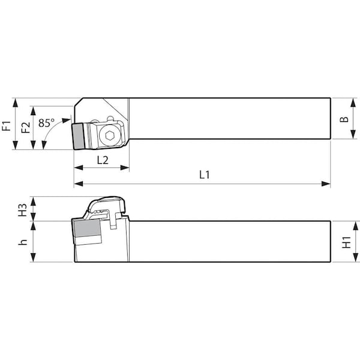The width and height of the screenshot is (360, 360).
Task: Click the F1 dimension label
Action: click(x=7, y=125)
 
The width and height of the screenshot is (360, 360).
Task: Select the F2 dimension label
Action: click(x=25, y=128)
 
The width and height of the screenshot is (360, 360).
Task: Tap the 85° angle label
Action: click(x=46, y=122)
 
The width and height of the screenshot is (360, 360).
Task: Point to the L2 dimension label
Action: click(x=102, y=160)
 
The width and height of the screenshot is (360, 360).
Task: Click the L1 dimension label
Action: click(x=204, y=175)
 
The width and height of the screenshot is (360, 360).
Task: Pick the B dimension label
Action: click(x=344, y=119)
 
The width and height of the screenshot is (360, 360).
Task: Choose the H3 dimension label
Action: click(x=22, y=209)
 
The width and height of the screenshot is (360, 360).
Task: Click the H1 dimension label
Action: click(x=346, y=242)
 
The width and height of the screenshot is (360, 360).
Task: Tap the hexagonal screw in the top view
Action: click(x=109, y=136)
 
